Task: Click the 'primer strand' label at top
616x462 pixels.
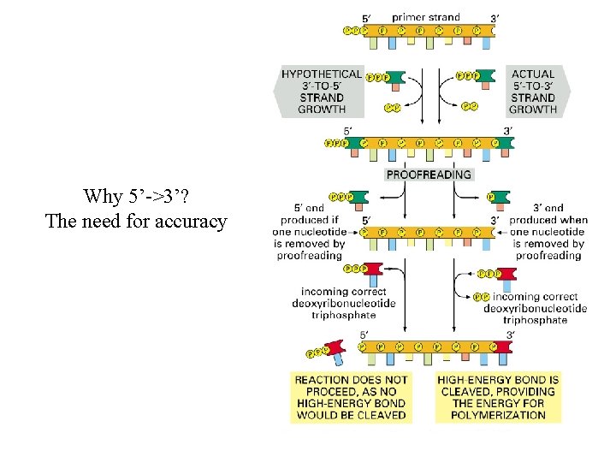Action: [425, 16]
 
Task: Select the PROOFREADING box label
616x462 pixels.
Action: [429, 175]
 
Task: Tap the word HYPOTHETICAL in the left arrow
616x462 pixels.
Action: [321, 74]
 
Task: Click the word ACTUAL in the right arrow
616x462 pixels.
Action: [532, 74]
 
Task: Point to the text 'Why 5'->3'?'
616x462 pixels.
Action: [137, 196]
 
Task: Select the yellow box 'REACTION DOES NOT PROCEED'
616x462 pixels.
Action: [351, 397]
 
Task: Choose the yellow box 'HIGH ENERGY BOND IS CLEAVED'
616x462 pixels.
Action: [499, 397]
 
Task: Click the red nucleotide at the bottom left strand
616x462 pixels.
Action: [333, 347]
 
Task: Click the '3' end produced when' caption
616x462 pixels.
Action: [548, 219]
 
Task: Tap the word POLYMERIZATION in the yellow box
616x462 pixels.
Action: [499, 415]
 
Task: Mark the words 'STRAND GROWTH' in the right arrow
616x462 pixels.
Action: [532, 104]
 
